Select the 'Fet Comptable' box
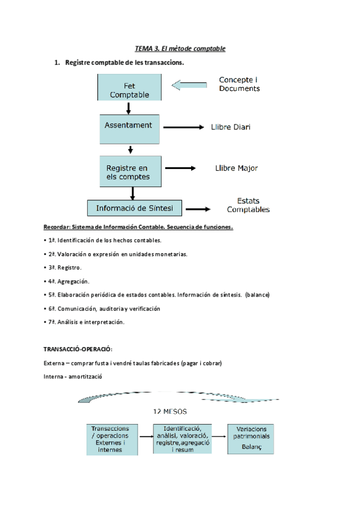pos(129,87)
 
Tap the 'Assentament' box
pos(129,128)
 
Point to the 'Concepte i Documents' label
pos(239,84)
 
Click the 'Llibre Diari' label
pos(231,127)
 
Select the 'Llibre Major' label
pos(236,168)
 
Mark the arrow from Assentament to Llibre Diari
pos(184,127)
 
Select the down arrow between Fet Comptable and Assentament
pos(129,107)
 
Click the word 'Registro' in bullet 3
pos(69,267)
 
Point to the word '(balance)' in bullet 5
pos(257,295)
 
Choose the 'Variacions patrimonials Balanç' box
pos(252,438)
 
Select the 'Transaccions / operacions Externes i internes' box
pos(113,439)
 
